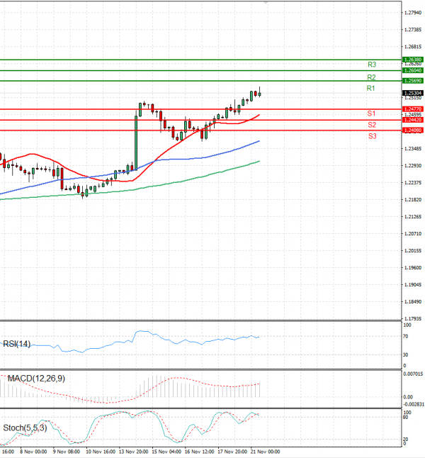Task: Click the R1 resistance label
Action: click(x=370, y=88)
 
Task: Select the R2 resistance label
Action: click(x=370, y=77)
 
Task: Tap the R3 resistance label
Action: click(x=370, y=65)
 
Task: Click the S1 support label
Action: click(x=370, y=113)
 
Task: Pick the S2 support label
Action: click(x=370, y=125)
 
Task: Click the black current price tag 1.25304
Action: click(x=413, y=93)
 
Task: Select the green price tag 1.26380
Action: click(x=413, y=60)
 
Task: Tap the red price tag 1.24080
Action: click(x=413, y=130)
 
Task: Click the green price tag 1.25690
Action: click(x=413, y=81)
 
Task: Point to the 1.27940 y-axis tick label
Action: click(x=414, y=13)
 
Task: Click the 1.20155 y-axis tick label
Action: click(x=414, y=251)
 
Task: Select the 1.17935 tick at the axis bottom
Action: click(x=414, y=319)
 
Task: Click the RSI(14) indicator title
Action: click(x=16, y=345)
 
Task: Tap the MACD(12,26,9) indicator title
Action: click(x=35, y=379)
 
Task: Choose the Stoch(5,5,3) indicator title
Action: click(x=25, y=428)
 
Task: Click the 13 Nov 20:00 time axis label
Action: click(x=133, y=451)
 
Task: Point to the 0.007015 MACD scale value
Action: click(x=414, y=374)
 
